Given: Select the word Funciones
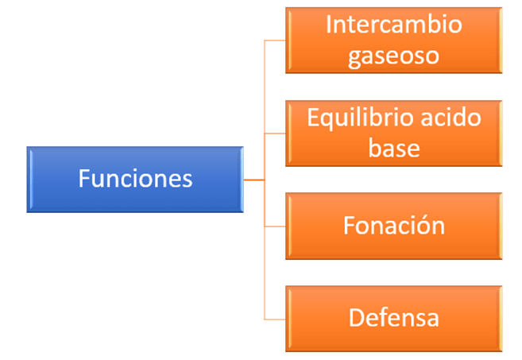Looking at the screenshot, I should tap(135, 178).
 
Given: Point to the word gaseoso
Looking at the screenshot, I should tap(393, 56).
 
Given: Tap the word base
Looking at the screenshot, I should tap(393, 148).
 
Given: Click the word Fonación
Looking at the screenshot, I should tap(393, 226).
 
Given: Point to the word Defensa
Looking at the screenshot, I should tap(393, 318).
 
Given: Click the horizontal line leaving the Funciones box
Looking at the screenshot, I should tap(253, 180).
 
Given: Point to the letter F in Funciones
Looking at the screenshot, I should tap(83, 178).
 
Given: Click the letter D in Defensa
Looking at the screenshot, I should tap(356, 318).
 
